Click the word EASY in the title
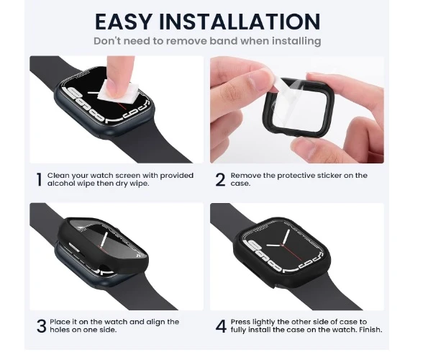(123, 22)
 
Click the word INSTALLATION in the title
(239, 22)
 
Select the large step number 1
(40, 179)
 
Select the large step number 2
(220, 179)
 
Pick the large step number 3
(42, 326)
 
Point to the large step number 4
(221, 326)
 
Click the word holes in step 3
(59, 330)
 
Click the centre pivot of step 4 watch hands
(283, 245)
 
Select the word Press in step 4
(240, 322)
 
